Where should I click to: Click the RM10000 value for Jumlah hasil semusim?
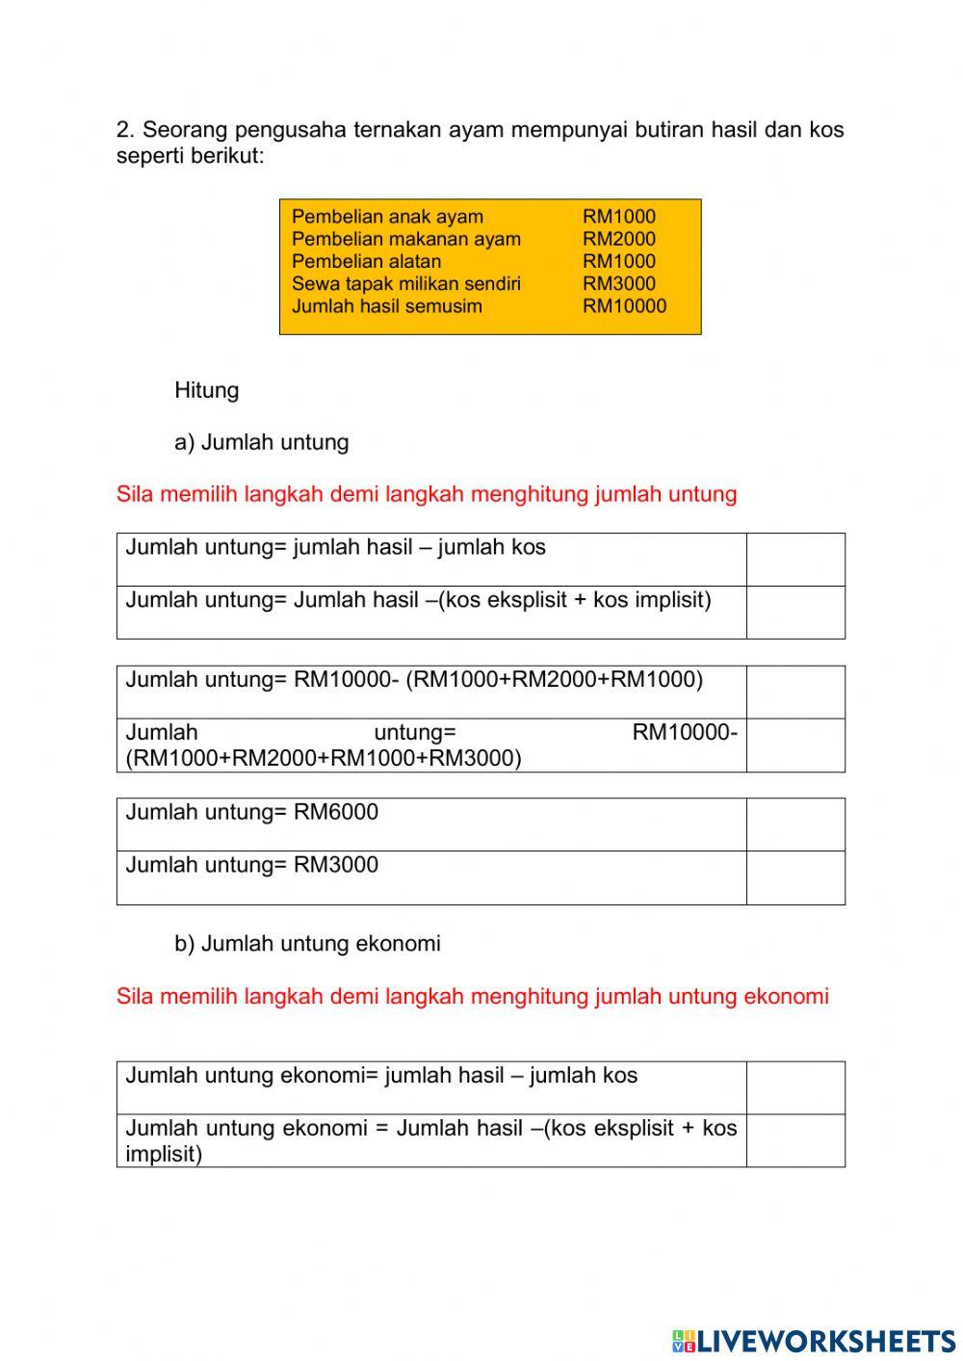[624, 306]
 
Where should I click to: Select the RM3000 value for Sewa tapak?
[618, 284]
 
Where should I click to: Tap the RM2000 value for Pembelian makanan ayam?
[618, 239]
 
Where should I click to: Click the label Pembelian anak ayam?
[387, 217]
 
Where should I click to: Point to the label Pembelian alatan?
[366, 262]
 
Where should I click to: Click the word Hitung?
[206, 391]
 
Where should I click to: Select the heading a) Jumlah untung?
[261, 443]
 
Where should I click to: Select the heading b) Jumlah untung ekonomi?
[307, 944]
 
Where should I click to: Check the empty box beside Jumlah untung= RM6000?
[795, 824]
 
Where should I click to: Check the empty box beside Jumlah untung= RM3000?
[795, 877]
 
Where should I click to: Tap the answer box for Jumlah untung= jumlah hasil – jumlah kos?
[795, 560]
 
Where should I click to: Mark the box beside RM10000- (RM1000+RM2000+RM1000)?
[795, 692]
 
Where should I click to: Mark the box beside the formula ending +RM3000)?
[795, 746]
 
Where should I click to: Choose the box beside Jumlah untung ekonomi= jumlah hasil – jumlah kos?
[795, 1088]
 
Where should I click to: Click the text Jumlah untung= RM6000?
[251, 813]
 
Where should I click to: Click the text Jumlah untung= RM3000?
[251, 866]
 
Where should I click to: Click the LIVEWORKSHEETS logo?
[814, 1341]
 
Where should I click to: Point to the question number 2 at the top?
[123, 130]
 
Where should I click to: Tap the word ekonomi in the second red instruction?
[786, 997]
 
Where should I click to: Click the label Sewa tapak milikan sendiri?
[405, 284]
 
